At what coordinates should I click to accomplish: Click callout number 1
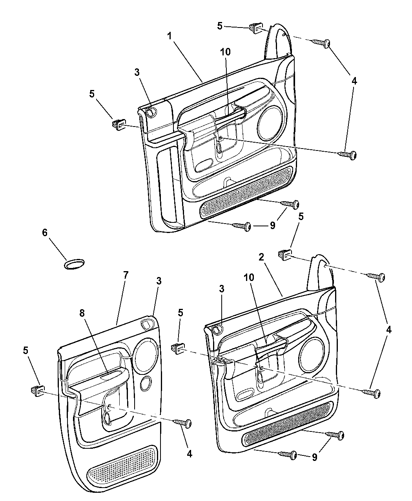coord(169,36)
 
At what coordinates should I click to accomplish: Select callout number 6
coord(44,233)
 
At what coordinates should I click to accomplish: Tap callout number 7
coord(125,275)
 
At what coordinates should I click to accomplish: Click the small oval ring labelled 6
coord(74,264)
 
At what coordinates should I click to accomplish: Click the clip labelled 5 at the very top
coord(255,28)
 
